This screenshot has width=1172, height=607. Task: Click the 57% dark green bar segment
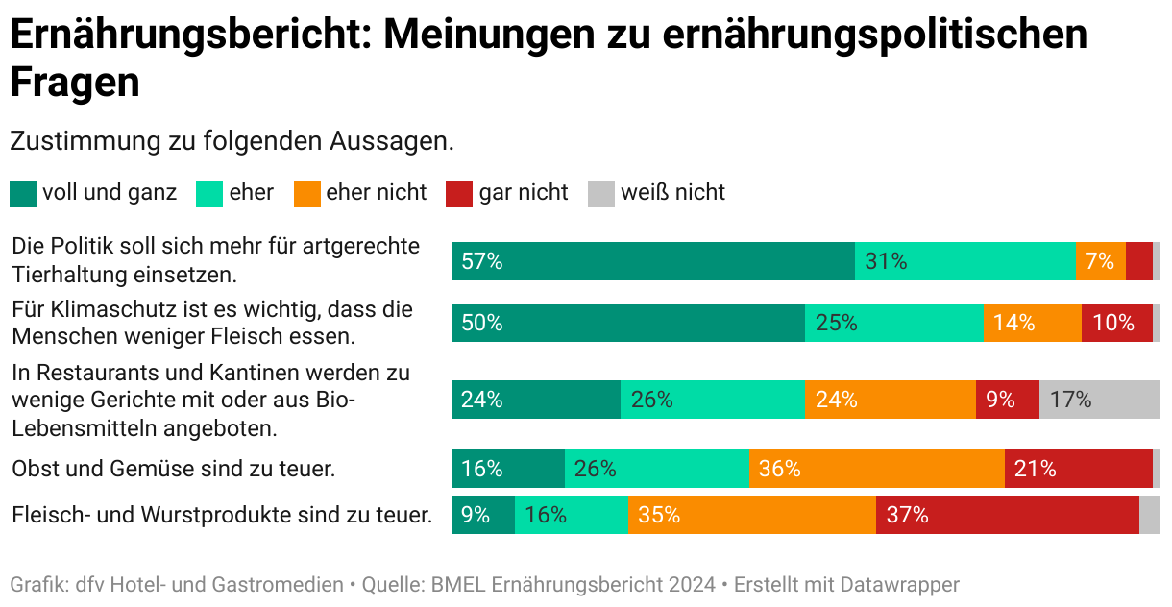point(652,261)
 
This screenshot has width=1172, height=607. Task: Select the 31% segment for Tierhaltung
point(964,261)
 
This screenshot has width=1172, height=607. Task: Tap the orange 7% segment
point(1100,261)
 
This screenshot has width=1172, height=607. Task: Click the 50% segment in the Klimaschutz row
point(627,323)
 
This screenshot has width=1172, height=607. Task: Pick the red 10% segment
point(1116,323)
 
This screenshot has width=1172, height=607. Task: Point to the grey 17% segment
point(1099,400)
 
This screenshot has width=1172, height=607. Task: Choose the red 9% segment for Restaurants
point(1007,400)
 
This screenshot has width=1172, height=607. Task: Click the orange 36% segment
point(876,469)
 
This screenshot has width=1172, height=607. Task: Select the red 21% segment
point(1078,469)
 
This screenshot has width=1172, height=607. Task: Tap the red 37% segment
point(1007,515)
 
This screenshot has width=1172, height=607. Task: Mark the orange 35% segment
point(751,515)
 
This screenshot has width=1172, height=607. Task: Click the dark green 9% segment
point(482,515)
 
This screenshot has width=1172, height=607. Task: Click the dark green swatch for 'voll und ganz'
point(23,193)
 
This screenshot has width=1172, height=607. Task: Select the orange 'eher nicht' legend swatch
point(306,193)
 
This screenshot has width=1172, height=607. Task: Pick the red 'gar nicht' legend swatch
point(459,193)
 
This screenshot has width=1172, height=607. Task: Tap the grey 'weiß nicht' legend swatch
point(600,193)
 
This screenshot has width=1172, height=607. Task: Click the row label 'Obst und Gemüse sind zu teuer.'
point(173,470)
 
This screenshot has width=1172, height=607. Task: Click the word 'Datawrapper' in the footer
point(900,584)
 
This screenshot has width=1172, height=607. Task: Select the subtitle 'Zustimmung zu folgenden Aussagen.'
point(232,141)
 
